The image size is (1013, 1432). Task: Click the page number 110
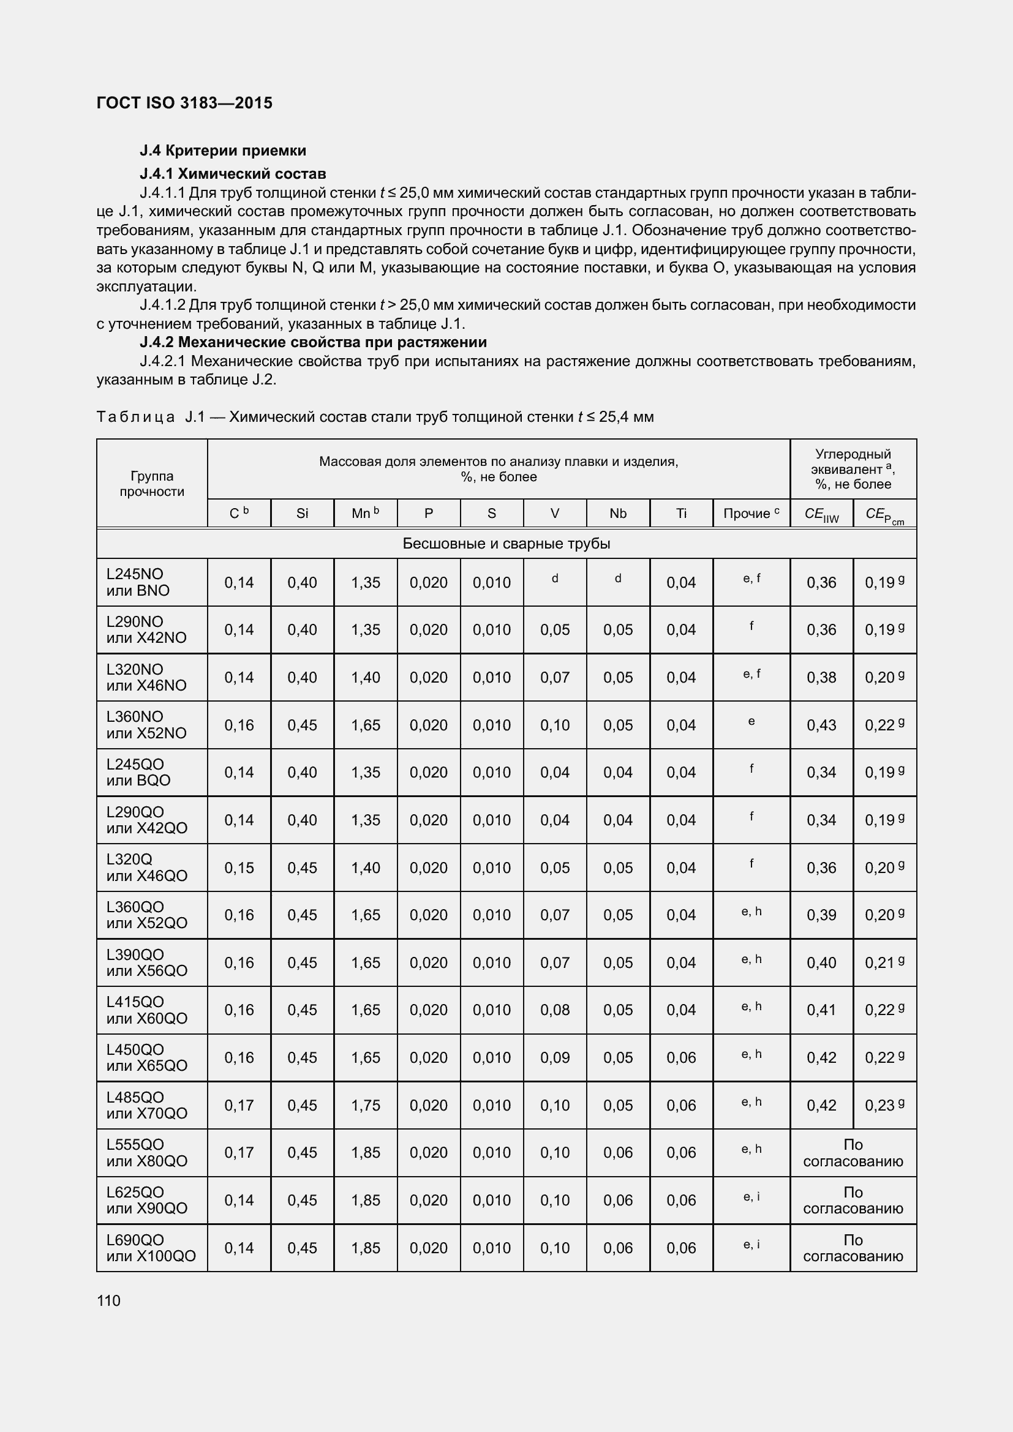point(108,1300)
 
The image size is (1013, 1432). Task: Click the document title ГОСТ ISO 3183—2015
point(184,103)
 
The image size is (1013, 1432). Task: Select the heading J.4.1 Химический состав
point(233,173)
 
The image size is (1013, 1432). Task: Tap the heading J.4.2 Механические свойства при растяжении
point(313,342)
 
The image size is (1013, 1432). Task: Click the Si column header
point(302,513)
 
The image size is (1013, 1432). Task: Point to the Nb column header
point(617,513)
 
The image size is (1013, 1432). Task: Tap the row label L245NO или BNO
point(138,582)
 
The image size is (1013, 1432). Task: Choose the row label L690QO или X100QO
point(151,1247)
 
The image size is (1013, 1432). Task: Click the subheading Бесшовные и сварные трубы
point(506,543)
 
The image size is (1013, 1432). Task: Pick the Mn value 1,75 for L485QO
point(366,1105)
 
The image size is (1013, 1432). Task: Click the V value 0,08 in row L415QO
point(554,1010)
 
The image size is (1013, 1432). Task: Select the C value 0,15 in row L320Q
point(239,868)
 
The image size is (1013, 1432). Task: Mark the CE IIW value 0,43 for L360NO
point(821,725)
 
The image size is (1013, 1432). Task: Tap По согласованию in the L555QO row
point(853,1153)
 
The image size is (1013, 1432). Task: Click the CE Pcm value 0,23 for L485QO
point(880,1105)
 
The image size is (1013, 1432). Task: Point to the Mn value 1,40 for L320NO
point(366,677)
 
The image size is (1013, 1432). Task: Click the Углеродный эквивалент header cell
point(853,469)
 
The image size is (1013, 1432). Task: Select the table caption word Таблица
point(135,417)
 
